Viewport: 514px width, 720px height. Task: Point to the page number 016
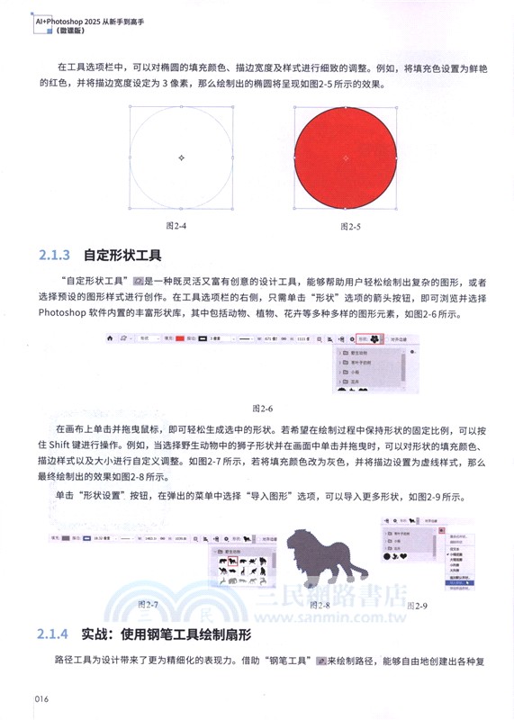tap(47, 699)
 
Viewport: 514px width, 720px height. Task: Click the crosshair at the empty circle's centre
tap(182, 157)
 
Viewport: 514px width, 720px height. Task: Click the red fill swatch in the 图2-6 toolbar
tap(180, 340)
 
